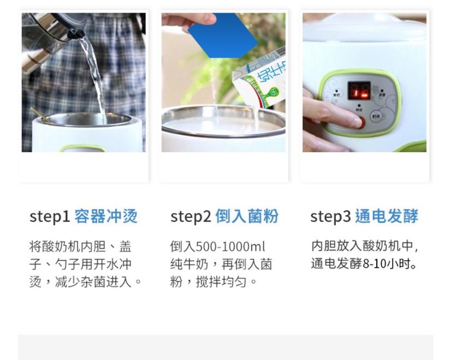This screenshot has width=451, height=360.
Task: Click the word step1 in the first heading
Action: [x=50, y=217]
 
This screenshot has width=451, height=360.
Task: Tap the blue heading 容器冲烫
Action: [x=106, y=216]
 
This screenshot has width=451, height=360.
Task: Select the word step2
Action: [x=191, y=217]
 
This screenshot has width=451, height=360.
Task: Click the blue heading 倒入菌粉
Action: [x=247, y=216]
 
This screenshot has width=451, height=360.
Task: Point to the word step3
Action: [x=330, y=217]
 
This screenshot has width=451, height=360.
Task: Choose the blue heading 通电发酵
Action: [x=387, y=216]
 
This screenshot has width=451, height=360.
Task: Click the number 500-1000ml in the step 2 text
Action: [x=230, y=247]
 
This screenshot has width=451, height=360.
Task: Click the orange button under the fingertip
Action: [x=361, y=122]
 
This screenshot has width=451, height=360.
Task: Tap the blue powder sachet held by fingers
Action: [x=223, y=35]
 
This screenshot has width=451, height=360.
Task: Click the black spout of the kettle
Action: [x=76, y=34]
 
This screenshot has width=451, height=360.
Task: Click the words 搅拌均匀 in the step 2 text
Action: [x=221, y=282]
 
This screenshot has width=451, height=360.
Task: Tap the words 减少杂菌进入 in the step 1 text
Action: [x=93, y=282]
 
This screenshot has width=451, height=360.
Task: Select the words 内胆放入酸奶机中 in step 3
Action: [x=362, y=246]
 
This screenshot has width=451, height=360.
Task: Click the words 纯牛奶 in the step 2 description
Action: [x=189, y=265]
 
